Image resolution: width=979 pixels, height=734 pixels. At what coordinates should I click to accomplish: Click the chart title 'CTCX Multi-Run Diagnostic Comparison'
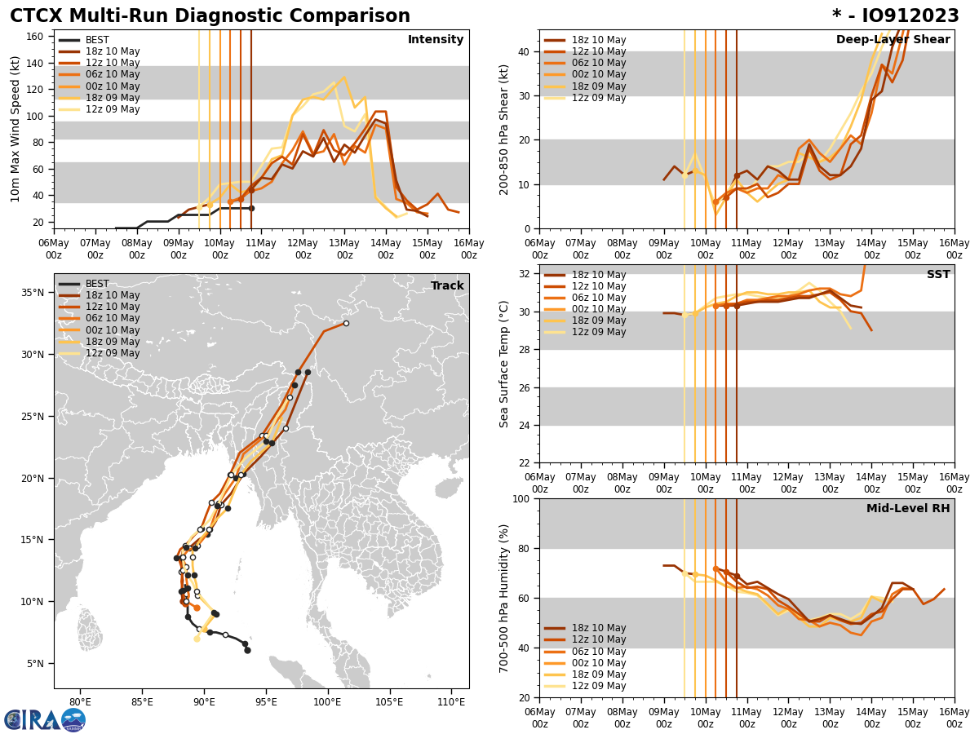coord(210,16)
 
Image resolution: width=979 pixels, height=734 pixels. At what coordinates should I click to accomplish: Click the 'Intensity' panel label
coord(436,40)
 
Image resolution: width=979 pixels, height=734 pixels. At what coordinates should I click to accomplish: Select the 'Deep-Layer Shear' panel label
coord(893,40)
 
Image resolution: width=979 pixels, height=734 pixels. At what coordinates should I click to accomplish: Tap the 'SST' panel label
coord(938,275)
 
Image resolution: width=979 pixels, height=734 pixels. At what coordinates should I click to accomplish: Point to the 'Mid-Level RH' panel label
coord(908,509)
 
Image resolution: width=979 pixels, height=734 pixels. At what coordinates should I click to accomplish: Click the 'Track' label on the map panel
coord(447,286)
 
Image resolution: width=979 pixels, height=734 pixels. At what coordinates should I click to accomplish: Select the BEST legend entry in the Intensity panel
coord(97,40)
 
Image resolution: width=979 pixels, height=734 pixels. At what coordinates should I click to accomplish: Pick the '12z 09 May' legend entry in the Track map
coord(112,353)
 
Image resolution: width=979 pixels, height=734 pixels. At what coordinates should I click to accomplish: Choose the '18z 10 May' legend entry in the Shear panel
coord(598,40)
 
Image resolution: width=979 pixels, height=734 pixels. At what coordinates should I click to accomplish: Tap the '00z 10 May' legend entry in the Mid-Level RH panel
coord(598,663)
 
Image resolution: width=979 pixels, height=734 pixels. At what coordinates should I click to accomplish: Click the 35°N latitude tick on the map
coord(33,293)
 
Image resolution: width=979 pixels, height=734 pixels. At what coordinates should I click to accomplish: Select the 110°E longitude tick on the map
coord(450,702)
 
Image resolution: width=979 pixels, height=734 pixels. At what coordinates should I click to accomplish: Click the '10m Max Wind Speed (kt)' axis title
coord(16,129)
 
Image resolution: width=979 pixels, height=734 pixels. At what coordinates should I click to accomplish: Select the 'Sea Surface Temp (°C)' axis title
coord(505,364)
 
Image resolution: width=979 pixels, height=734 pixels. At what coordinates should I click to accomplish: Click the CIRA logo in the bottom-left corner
coord(45,719)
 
